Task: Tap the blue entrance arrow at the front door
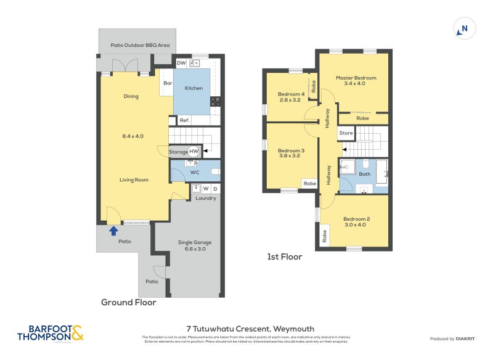(x=113, y=231)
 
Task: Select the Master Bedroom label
(x=356, y=78)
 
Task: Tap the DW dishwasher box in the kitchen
(x=181, y=63)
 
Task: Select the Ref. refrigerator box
(x=184, y=120)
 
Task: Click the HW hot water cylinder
(x=194, y=151)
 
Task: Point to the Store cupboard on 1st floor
(x=346, y=133)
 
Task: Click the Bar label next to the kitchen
(x=167, y=83)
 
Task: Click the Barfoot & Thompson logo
(x=51, y=333)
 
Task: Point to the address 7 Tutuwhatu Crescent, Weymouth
(x=250, y=329)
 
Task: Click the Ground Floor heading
(x=128, y=302)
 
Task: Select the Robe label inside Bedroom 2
(x=324, y=235)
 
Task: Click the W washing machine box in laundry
(x=206, y=189)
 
